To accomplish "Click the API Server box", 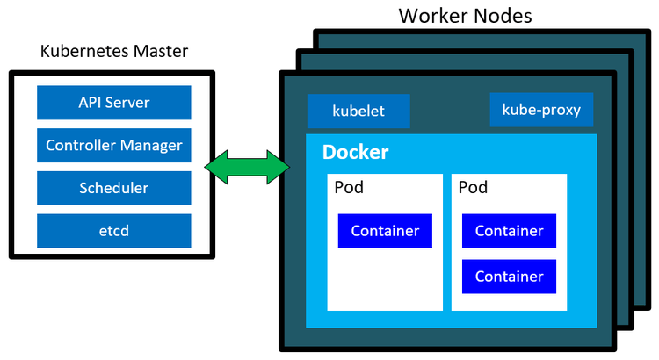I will coord(113,103).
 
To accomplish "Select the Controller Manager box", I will coord(113,145).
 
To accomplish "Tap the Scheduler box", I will coord(113,188).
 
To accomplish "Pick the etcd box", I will coord(113,230).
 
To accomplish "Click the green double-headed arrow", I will coord(247,167).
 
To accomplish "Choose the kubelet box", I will coord(358,112).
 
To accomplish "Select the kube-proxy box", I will coord(541,110).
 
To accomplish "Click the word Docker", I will coord(356,152).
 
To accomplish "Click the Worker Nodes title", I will coord(465,16).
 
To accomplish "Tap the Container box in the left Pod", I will coord(385,231).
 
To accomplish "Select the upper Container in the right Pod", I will coord(509,231).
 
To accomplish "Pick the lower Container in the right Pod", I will coord(509,277).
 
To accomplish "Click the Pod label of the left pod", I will coord(349,188).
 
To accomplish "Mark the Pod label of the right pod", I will coord(473,188).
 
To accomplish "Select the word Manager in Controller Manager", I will coord(152,145).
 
